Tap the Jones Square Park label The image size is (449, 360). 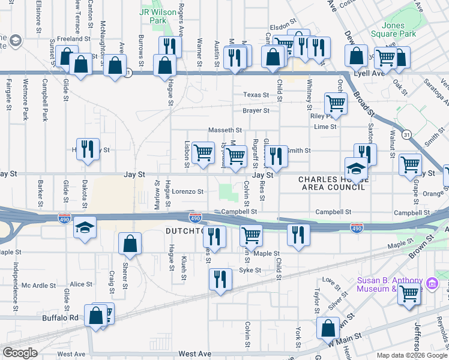[x=399, y=30]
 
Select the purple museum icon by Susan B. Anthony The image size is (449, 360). [x=431, y=283]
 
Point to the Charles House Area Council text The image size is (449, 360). [x=332, y=183]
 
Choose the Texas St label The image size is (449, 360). [x=256, y=95]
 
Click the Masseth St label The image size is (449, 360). [x=224, y=130]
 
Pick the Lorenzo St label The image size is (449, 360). [x=188, y=192]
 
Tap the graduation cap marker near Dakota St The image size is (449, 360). [x=85, y=229]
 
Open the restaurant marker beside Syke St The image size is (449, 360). [x=220, y=280]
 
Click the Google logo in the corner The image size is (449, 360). [x=20, y=353]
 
